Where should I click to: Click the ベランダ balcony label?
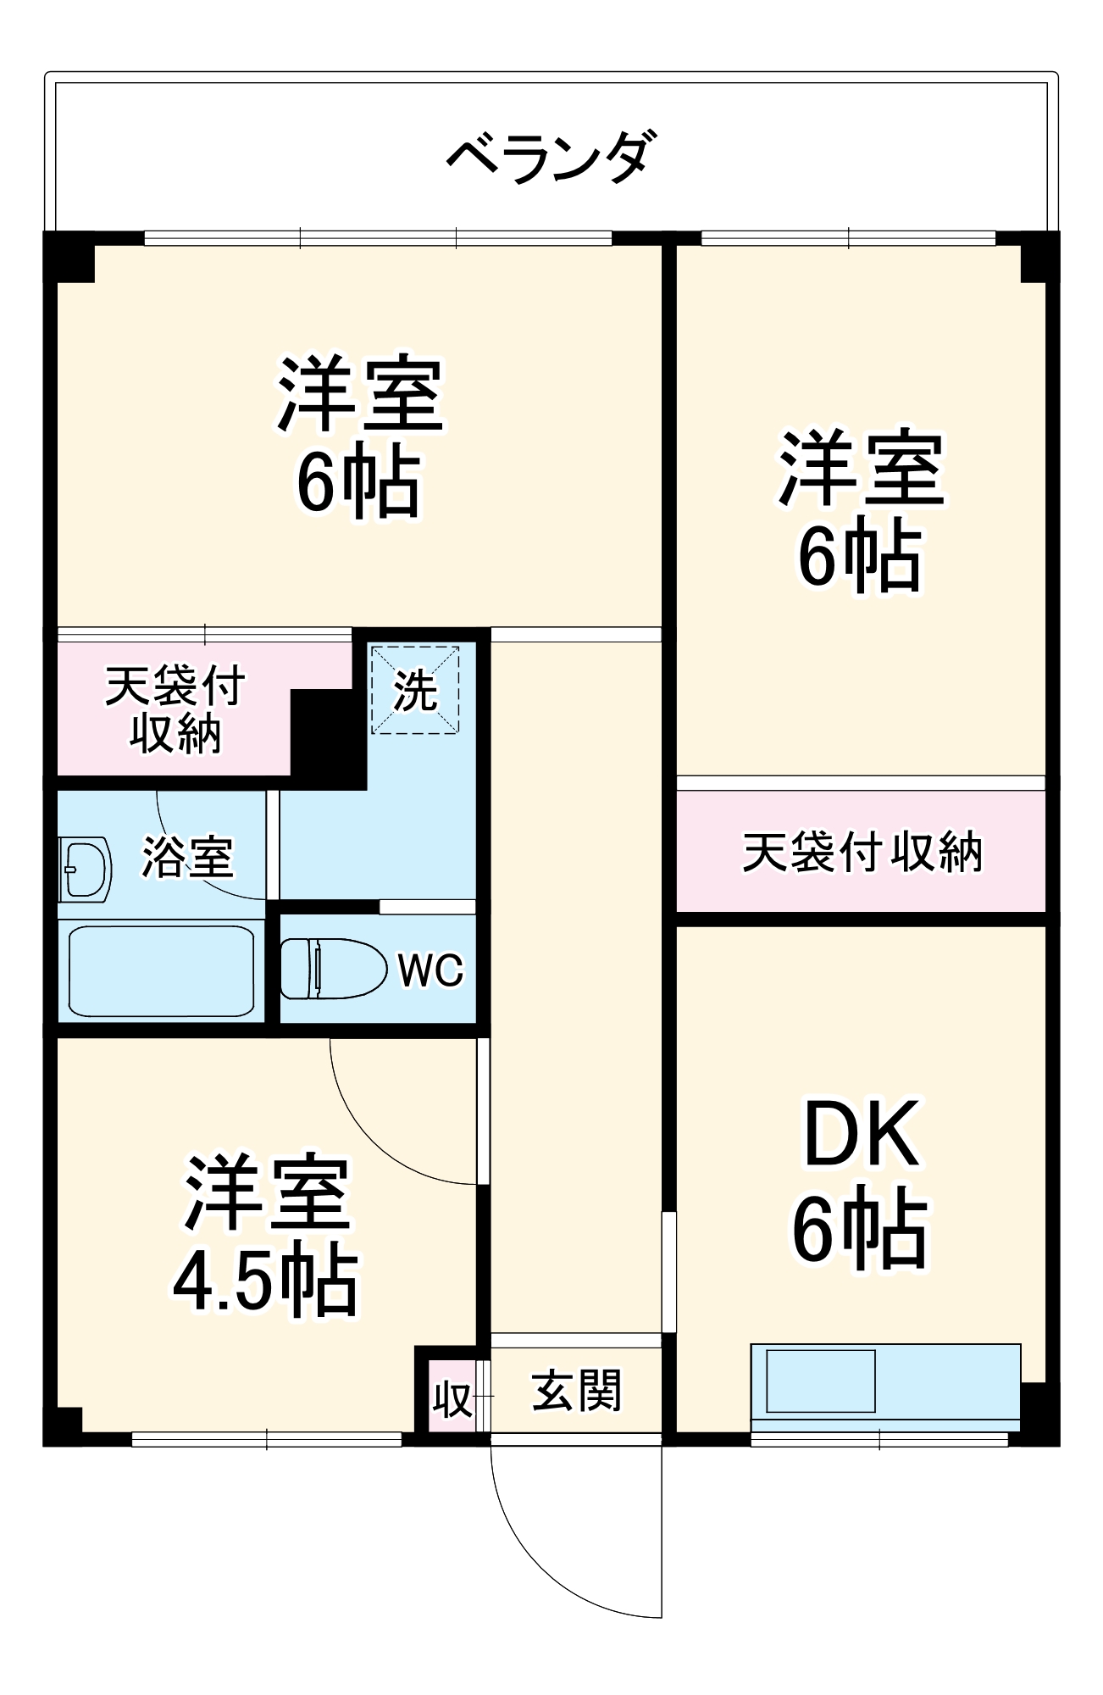coord(551,158)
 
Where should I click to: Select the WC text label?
coord(430,970)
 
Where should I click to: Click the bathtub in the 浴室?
coord(161,970)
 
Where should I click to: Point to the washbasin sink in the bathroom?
coord(85,870)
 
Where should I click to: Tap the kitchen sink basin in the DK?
coord(820,1381)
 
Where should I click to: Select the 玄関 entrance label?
coord(576,1391)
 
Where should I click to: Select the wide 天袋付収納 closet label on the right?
coord(862,852)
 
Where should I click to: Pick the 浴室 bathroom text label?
coord(187,857)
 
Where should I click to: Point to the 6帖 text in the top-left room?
coord(358,482)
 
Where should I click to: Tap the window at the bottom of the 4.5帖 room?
coord(266,1439)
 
